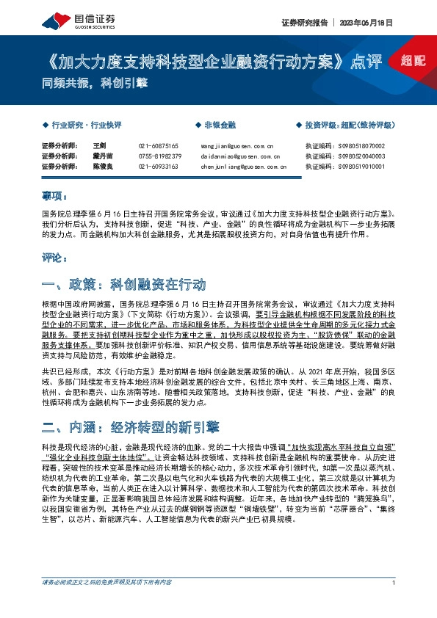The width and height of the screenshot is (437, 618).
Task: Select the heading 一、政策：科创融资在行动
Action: tap(123, 283)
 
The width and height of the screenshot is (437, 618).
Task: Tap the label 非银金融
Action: tap(220, 125)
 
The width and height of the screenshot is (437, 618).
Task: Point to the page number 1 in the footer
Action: tap(394, 603)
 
